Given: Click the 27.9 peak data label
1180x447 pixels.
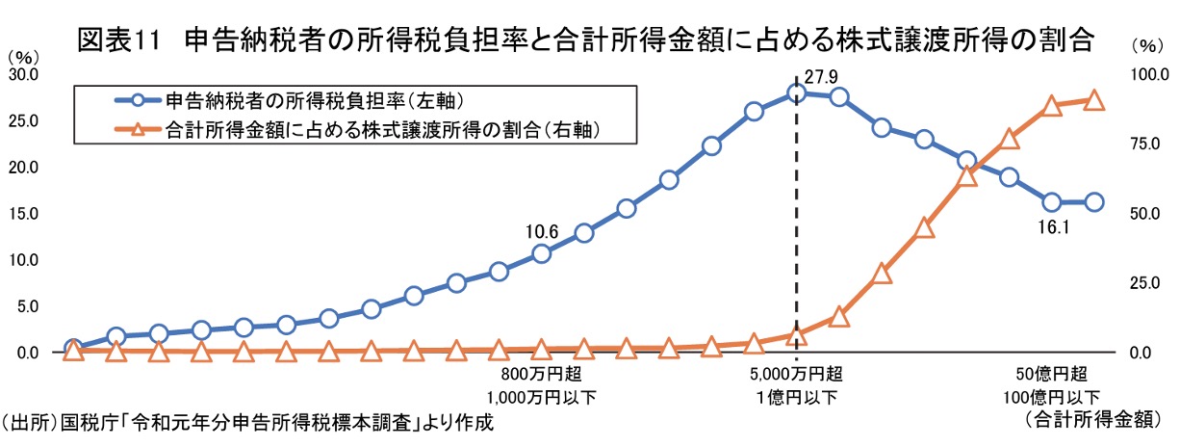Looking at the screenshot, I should tap(820, 73).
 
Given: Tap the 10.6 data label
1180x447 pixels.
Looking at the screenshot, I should tap(542, 231).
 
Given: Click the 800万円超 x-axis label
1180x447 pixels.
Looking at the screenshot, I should tap(541, 375).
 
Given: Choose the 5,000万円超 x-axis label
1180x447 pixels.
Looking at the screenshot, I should tap(795, 375).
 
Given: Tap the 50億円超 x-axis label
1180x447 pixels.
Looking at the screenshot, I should tap(1052, 375).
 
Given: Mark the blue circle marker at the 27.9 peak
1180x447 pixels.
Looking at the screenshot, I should tap(796, 92).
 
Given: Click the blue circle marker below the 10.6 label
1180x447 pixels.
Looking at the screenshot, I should tap(541, 253).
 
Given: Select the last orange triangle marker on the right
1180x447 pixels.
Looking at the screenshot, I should tap(1094, 99).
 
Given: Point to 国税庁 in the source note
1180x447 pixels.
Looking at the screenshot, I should tap(85, 421).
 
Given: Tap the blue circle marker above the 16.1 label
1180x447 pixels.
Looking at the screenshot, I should tap(1052, 202).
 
